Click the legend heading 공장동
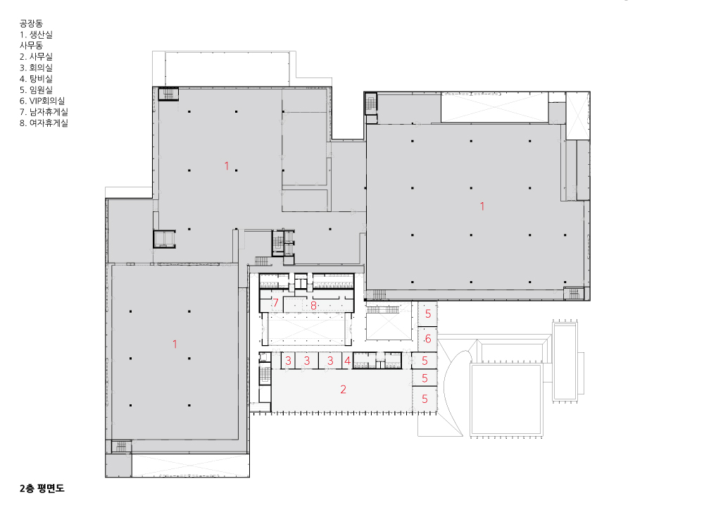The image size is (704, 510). coord(31,23)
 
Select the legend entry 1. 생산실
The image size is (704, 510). coord(36,35)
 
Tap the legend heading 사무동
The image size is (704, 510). coord(31,45)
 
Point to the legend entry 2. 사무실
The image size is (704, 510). coord(36,56)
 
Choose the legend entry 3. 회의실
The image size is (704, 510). coord(36,68)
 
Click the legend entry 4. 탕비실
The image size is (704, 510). coord(36,79)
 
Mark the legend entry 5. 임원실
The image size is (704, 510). coord(36,90)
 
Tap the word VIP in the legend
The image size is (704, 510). coord(35,101)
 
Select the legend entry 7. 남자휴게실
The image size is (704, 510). coord(44,112)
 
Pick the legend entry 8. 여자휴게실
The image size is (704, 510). coord(44,123)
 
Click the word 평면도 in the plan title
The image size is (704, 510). coord(51,488)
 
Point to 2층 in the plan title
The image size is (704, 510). coord(27,488)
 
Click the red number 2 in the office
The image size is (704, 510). coord(343,389)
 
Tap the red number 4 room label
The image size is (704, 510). coord(347,361)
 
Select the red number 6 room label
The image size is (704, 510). coord(428,339)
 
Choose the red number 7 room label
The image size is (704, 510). coord(276,303)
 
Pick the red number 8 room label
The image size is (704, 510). coord(313,306)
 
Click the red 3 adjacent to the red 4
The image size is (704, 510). coord(330,361)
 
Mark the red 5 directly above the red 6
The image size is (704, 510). coord(428,313)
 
